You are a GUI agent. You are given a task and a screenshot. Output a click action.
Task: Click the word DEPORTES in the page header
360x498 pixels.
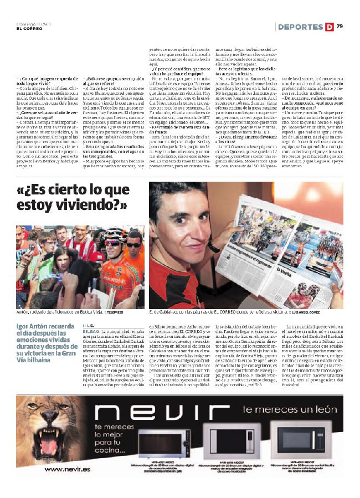[301, 27]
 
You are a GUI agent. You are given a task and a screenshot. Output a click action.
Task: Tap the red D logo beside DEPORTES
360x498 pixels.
[330, 27]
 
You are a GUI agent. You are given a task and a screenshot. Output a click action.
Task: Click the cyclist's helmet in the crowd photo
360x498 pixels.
[115, 233]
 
